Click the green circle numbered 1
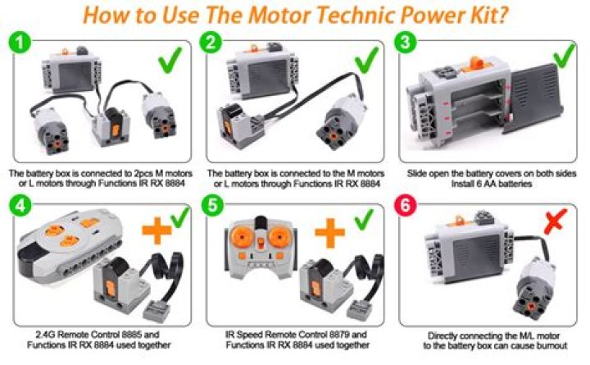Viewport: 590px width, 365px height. click(x=20, y=42)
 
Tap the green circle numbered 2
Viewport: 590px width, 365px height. click(x=211, y=42)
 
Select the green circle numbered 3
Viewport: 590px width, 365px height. click(x=406, y=42)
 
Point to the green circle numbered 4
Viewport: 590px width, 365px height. click(x=20, y=205)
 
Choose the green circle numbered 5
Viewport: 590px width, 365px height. click(x=212, y=205)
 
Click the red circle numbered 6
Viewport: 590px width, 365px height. click(x=406, y=205)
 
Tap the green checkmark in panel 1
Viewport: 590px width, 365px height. click(x=170, y=60)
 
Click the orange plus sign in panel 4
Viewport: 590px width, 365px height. click(x=157, y=230)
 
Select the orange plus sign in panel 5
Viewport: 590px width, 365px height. click(x=329, y=233)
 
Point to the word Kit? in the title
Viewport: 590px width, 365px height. click(x=486, y=15)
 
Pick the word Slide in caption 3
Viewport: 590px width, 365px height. click(x=415, y=174)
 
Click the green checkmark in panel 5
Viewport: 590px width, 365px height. click(x=364, y=219)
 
